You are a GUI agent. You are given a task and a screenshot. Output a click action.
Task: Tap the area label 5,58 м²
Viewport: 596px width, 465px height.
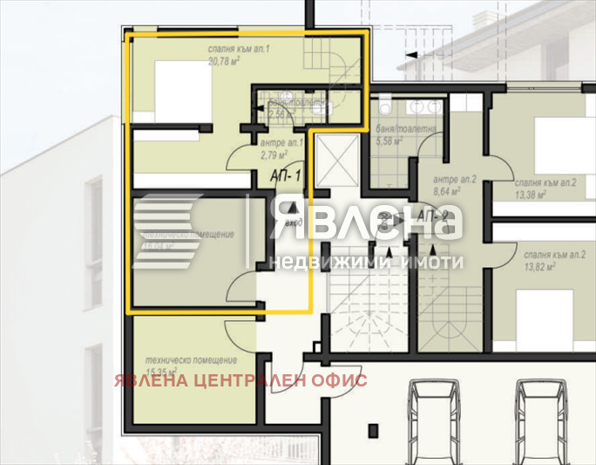click(389, 140)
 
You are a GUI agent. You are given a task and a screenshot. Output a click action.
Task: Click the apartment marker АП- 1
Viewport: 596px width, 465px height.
click(286, 176)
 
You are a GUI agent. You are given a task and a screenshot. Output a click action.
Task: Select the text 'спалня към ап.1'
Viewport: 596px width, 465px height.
click(237, 50)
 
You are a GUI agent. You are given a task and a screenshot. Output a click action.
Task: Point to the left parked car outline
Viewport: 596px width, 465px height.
click(436, 419)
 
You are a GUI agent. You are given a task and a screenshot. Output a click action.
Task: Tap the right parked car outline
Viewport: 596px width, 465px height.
click(544, 419)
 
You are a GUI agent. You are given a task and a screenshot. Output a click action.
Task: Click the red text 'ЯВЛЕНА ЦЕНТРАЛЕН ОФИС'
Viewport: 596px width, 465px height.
click(240, 380)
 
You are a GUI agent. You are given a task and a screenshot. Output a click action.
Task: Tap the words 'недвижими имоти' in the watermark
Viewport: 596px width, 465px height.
click(366, 262)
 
